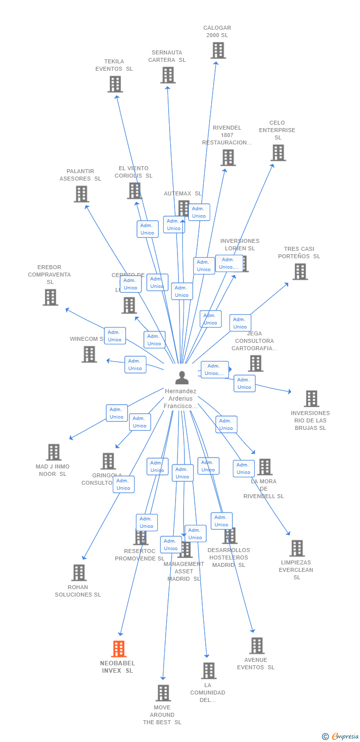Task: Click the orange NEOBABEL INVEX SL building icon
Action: pyautogui.click(x=119, y=649)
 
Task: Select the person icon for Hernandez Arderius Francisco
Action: pyautogui.click(x=182, y=378)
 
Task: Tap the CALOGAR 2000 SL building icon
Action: pyautogui.click(x=218, y=50)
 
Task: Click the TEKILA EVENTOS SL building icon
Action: pyautogui.click(x=115, y=84)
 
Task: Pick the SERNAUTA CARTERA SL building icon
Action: pyautogui.click(x=168, y=75)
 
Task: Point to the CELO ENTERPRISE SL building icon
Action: pyautogui.click(x=278, y=153)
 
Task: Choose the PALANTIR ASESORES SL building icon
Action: pyautogui.click(x=81, y=194)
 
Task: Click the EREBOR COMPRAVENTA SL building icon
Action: pyautogui.click(x=50, y=297)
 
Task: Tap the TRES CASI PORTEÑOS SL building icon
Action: pyautogui.click(x=300, y=272)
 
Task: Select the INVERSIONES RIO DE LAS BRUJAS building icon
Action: pyautogui.click(x=311, y=399)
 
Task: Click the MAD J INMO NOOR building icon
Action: pyautogui.click(x=54, y=452)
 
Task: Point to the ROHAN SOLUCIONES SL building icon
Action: pyautogui.click(x=79, y=573)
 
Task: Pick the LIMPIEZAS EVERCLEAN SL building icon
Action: pyautogui.click(x=297, y=548)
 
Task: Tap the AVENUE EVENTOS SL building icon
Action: pyautogui.click(x=257, y=646)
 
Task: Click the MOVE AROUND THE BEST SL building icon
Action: pyautogui.click(x=163, y=693)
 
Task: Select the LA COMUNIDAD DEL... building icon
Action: pyautogui.click(x=209, y=671)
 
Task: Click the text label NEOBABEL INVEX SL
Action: pyautogui.click(x=117, y=667)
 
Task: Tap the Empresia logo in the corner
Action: pyautogui.click(x=341, y=737)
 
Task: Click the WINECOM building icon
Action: pyautogui.click(x=89, y=354)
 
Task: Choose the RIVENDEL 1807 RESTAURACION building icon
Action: pyautogui.click(x=228, y=158)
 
